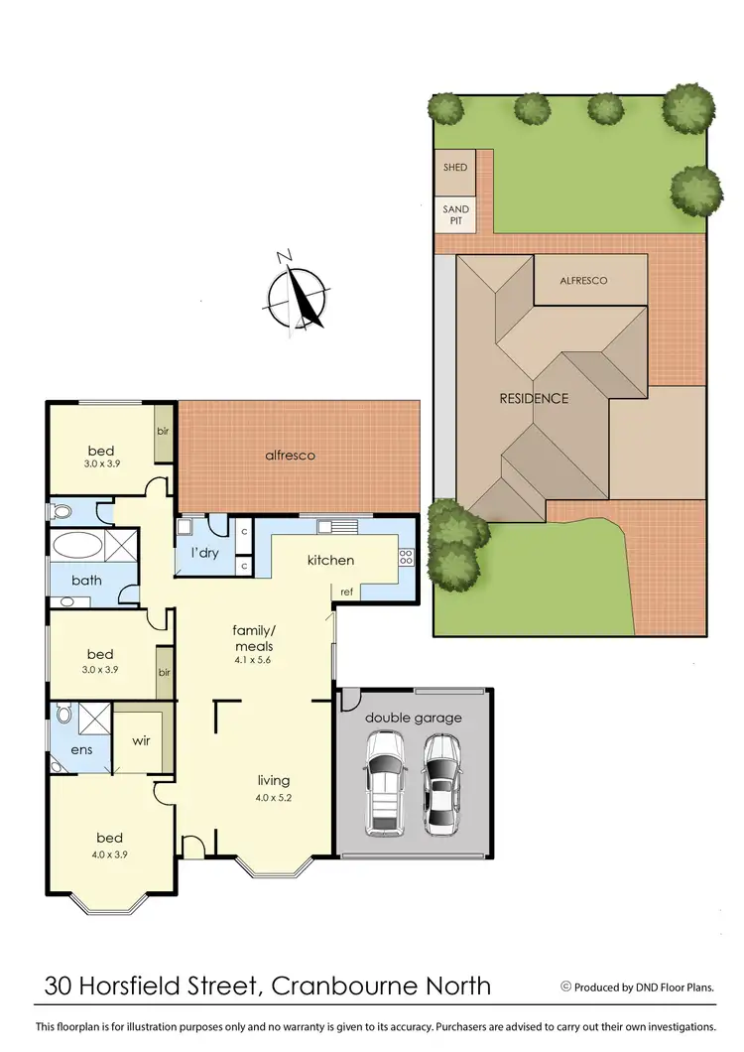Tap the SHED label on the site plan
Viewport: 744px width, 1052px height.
[456, 168]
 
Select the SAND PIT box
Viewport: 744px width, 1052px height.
[456, 215]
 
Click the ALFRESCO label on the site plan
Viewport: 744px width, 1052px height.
[582, 281]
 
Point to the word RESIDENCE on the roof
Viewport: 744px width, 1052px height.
[534, 399]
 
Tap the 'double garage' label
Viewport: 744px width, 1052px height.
[414, 718]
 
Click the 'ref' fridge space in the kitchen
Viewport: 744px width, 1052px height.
[347, 592]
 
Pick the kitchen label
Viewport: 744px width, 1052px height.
[330, 561]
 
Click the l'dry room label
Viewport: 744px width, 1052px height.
[204, 553]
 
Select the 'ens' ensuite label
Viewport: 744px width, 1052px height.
[81, 749]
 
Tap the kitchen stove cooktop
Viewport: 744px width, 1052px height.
[406, 557]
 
